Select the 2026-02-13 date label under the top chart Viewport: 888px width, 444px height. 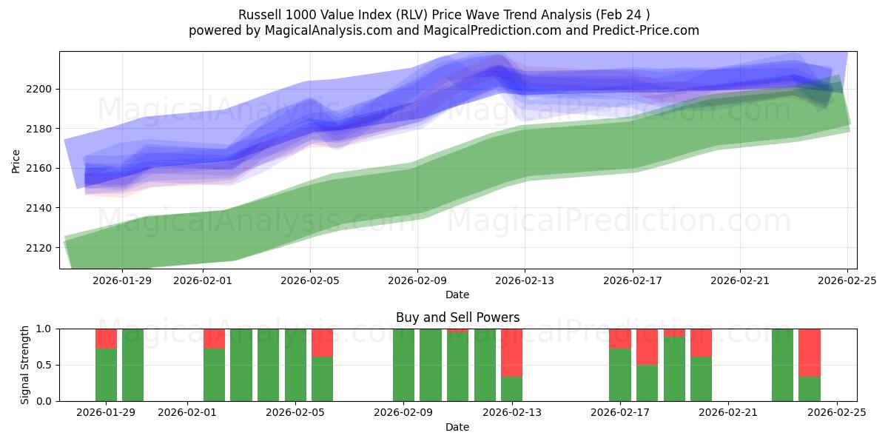[525, 281]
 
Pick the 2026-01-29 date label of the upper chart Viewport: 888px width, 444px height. [122, 281]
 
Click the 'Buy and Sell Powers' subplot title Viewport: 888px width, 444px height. [457, 317]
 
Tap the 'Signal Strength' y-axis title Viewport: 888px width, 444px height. [26, 365]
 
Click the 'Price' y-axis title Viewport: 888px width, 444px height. [16, 160]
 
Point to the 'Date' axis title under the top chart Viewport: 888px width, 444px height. [457, 295]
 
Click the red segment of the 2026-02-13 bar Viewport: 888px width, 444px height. [511, 352]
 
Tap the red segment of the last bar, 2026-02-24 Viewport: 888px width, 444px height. [809, 352]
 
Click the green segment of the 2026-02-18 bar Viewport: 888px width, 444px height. [647, 383]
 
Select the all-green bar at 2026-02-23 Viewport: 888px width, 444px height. [782, 365]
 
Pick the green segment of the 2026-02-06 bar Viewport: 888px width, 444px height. [322, 379]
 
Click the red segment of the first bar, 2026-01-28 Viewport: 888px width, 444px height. [106, 338]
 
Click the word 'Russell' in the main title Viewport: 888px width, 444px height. [258, 15]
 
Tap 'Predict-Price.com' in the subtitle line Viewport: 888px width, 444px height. [650, 30]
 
